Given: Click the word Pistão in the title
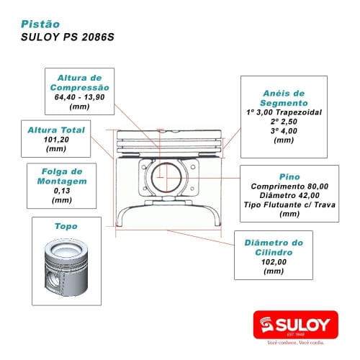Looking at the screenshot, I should point(40,24).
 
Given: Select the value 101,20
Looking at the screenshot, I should point(55,140).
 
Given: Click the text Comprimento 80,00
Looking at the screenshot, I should point(283,186).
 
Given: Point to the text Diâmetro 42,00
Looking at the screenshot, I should point(283,195).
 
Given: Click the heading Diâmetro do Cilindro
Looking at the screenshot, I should point(274,248).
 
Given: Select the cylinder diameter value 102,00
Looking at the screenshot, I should point(274,262).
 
